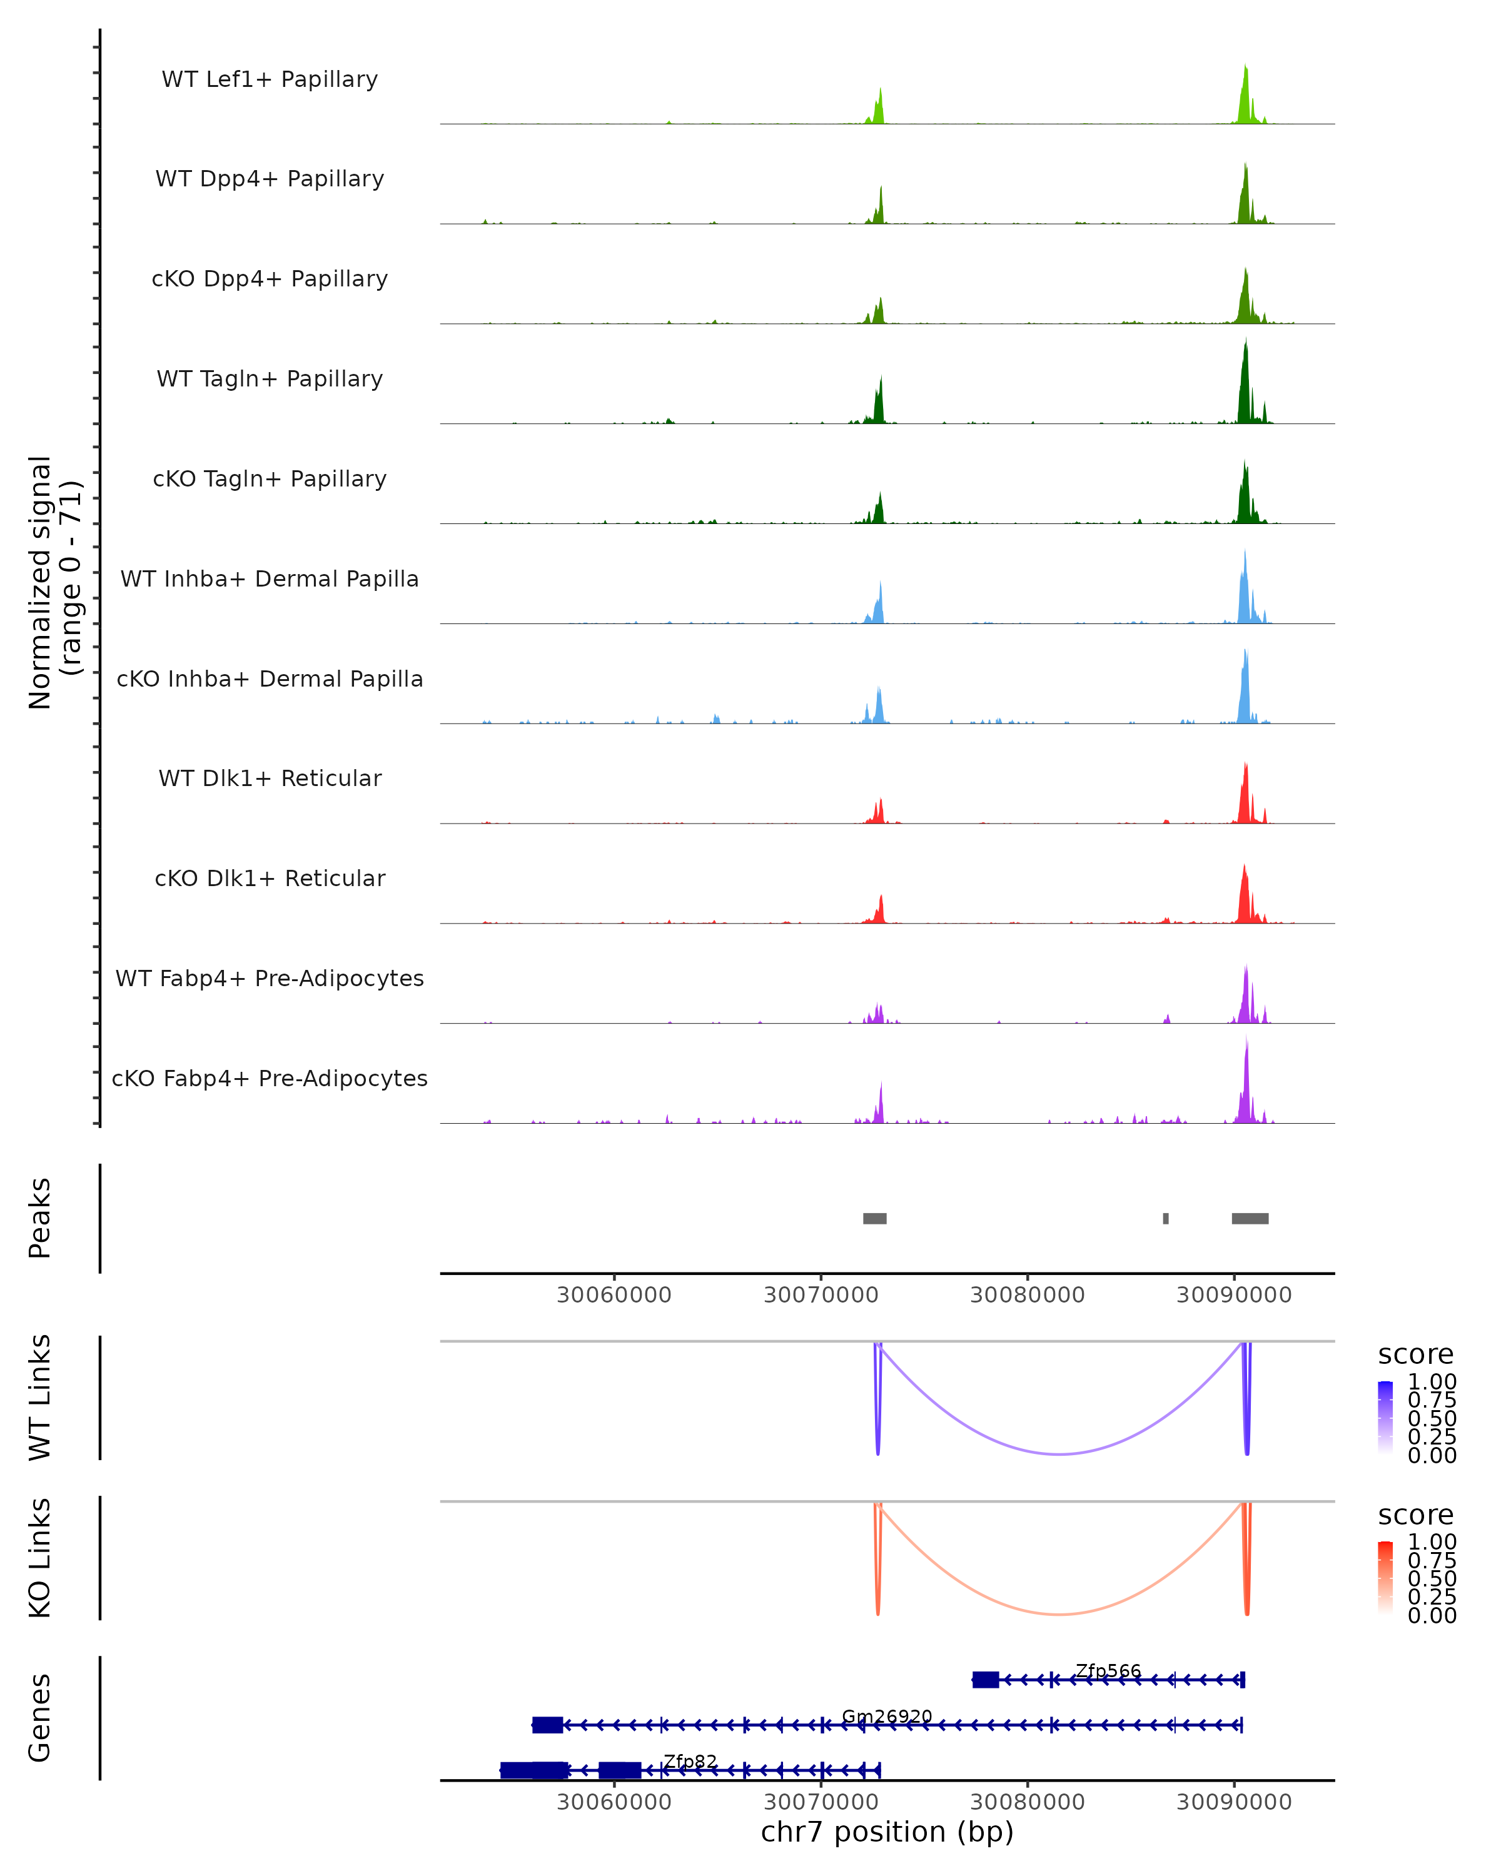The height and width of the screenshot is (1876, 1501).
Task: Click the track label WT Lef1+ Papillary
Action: (x=270, y=79)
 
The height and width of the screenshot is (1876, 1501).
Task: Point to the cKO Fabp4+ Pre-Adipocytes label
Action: (x=270, y=1078)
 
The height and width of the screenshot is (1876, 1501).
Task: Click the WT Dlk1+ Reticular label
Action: (x=270, y=778)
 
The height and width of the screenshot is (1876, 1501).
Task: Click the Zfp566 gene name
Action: (x=1108, y=1671)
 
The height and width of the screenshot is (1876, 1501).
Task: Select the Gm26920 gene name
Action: (x=887, y=1717)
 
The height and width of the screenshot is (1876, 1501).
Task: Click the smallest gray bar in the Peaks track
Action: (x=1166, y=1218)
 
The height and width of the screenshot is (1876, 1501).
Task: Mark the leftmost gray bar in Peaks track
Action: (x=874, y=1218)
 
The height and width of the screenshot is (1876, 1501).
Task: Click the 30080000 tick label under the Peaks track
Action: (x=1027, y=1295)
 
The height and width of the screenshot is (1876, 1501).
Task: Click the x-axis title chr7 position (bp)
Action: (x=887, y=1832)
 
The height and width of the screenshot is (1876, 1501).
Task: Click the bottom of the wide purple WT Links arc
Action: (x=1059, y=1454)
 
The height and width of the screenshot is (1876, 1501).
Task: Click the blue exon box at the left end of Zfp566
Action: (x=985, y=1680)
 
